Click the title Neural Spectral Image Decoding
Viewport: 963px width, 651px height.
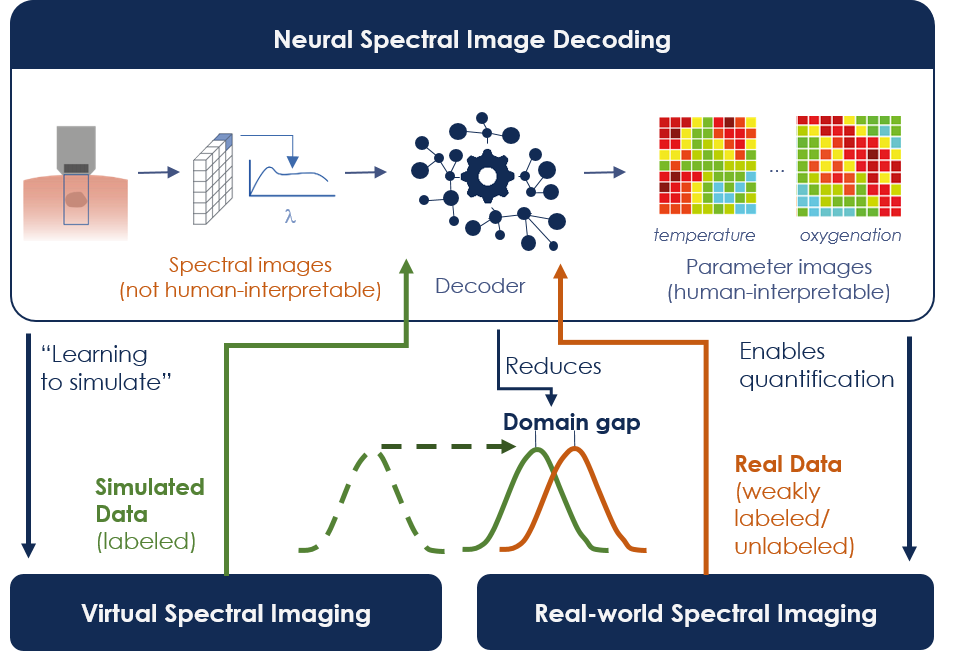pos(472,41)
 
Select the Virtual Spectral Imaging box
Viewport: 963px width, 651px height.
pos(225,613)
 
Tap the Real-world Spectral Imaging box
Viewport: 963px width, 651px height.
pos(705,613)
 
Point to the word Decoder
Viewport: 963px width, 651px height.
pos(480,287)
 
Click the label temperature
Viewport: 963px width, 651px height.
pos(704,236)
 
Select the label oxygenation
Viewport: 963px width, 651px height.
pos(850,236)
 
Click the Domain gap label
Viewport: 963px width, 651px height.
pos(571,422)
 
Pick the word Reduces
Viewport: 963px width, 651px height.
pos(553,366)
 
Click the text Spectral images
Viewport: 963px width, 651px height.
pos(250,266)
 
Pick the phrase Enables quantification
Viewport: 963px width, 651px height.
pos(816,365)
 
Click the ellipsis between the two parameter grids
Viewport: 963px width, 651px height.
pos(776,171)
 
